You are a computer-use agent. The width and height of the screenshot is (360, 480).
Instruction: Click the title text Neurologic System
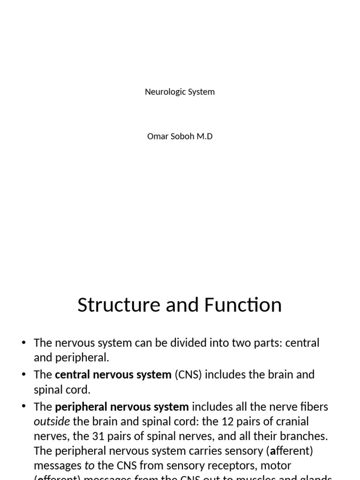(180, 92)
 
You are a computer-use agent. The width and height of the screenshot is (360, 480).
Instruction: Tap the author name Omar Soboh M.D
(180, 137)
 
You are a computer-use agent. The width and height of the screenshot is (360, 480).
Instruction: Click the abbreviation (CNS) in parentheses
(188, 375)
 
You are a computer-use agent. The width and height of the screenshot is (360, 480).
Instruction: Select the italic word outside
(52, 421)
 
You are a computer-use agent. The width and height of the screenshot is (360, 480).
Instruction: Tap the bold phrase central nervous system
(113, 375)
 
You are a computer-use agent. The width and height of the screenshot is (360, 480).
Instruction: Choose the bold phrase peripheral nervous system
(122, 406)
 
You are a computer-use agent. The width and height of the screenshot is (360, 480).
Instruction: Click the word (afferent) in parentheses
(289, 451)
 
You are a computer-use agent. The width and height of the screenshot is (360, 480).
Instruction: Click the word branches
(304, 436)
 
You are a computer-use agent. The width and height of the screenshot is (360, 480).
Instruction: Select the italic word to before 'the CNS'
(89, 466)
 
